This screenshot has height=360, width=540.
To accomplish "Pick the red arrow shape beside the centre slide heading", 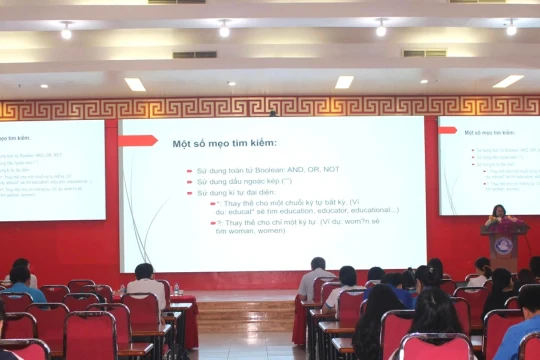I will point(138,141).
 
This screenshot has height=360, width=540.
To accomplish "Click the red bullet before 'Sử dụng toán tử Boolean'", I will point(189,171).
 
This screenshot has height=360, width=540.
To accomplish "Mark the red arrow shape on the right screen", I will point(447,130).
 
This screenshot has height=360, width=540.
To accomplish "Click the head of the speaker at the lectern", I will point(498,211).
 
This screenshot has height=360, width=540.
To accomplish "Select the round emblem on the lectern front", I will point(504,245).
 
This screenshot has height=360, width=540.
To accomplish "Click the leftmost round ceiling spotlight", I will point(66,31).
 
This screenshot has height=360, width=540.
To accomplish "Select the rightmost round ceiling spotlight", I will point(511,28).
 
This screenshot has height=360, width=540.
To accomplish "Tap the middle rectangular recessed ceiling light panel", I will point(344,82).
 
